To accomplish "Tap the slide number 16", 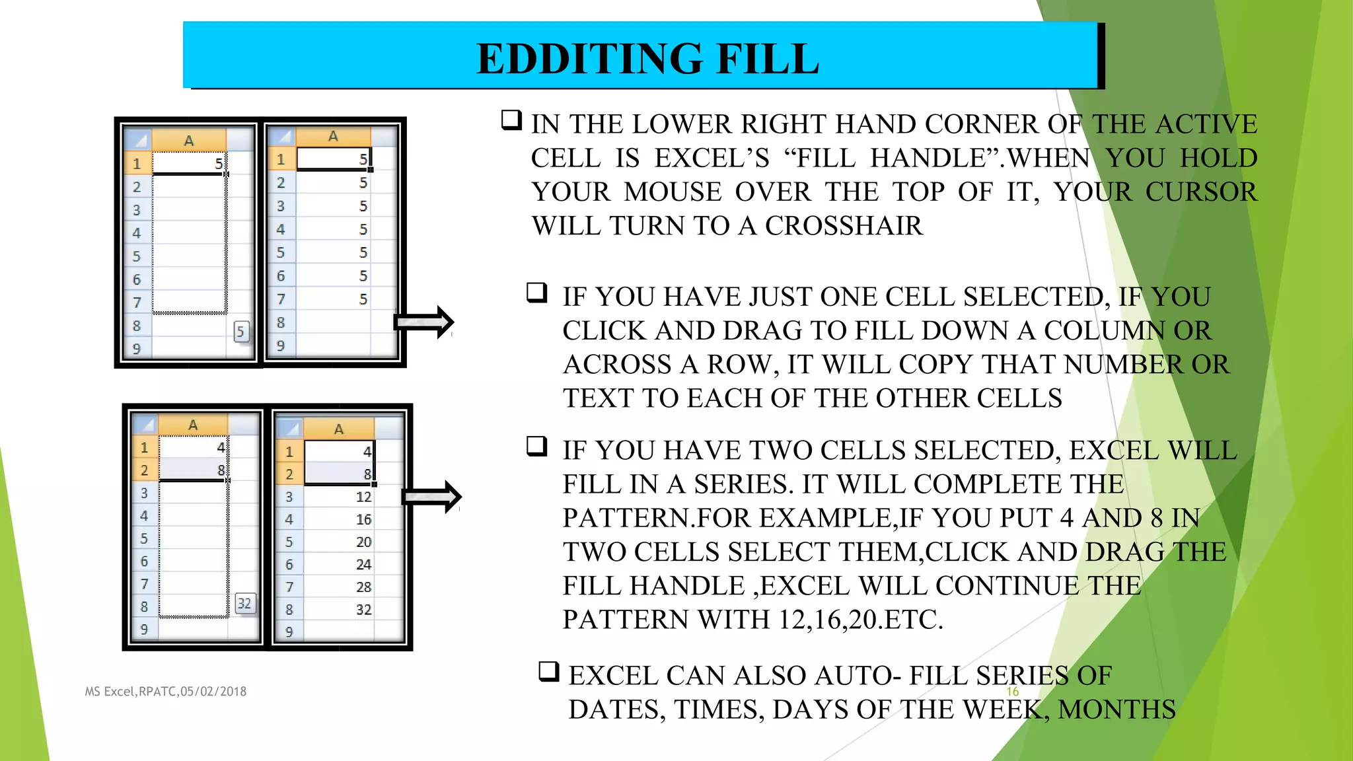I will click(x=1012, y=692).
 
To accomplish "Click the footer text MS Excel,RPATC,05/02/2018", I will click(x=165, y=692).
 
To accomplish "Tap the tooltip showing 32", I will click(x=244, y=603).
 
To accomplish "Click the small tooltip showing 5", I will click(x=240, y=332).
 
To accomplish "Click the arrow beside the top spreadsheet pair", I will click(x=424, y=322).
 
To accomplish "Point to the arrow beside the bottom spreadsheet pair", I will click(x=432, y=497).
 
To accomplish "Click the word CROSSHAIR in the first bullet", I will click(x=843, y=226).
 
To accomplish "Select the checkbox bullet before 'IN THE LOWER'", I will click(x=511, y=120).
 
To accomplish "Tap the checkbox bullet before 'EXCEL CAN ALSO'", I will click(x=549, y=672).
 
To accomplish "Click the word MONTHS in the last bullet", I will click(x=1116, y=709).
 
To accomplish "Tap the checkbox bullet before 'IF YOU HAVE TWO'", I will click(x=537, y=447).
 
